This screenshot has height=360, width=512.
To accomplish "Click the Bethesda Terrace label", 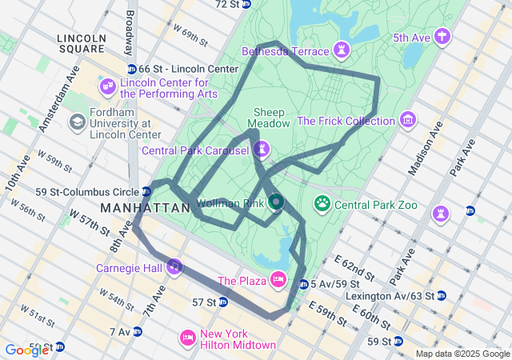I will (286, 51).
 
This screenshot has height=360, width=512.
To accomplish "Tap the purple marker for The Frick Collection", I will (409, 120).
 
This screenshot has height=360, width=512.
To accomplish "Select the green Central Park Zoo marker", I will (322, 204).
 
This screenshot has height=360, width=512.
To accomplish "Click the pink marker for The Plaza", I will (278, 279).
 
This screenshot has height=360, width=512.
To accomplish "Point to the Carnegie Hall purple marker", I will (174, 266).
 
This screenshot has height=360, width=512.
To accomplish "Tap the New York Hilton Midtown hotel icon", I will (188, 338).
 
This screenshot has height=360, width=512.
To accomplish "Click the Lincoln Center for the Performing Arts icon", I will (107, 86).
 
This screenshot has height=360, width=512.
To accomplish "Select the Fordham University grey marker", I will (78, 122).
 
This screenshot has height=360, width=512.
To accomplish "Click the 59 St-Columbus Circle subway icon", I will (146, 191).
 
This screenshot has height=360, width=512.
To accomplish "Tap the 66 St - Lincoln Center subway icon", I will (131, 69).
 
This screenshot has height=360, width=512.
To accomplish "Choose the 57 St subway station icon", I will (223, 302).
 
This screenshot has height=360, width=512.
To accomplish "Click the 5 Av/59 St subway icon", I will (302, 284).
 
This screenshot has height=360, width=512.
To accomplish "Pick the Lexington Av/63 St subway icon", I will (441, 295).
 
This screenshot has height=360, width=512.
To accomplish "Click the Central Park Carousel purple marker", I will (262, 149).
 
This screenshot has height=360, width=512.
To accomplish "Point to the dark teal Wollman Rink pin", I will (275, 202).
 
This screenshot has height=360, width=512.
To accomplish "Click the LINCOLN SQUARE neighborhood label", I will (82, 45).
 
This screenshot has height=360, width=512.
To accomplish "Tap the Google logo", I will (25, 350).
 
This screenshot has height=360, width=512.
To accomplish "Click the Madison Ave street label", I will (427, 150).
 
